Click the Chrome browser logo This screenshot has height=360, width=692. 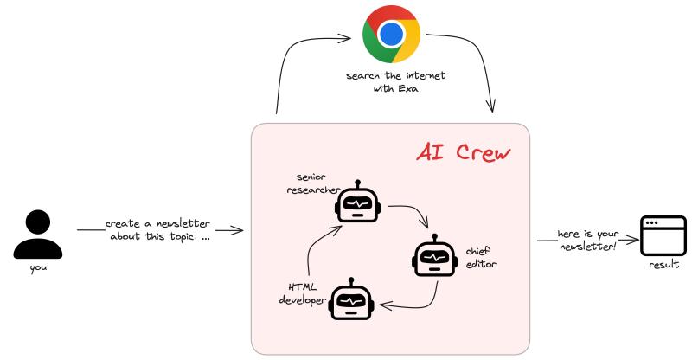(x=391, y=35)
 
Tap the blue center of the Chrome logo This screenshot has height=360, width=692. (x=391, y=35)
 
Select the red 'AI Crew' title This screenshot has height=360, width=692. (x=463, y=153)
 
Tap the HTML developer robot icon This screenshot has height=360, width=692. (x=351, y=299)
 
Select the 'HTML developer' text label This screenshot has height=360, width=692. (x=302, y=293)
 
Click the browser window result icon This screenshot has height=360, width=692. (x=663, y=235)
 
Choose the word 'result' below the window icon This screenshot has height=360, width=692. (x=663, y=266)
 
